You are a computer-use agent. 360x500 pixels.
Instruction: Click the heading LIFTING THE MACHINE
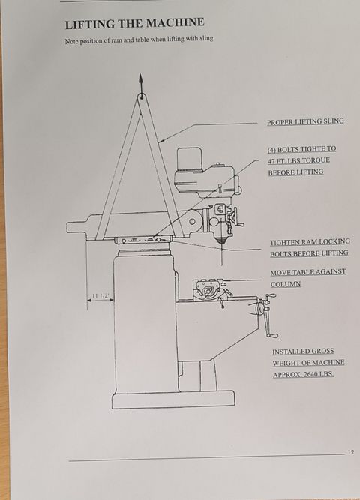point(135,23)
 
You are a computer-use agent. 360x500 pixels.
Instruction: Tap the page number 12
point(351,452)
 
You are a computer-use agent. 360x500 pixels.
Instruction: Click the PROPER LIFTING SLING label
point(305,121)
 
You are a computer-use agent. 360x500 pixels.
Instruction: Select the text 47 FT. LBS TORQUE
point(298,160)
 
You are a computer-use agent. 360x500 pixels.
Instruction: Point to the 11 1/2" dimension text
point(101,295)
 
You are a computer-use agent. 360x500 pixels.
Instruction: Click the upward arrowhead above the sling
point(141,79)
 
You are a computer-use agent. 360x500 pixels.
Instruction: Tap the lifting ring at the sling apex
point(142,96)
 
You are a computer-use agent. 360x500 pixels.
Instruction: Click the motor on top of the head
point(190,159)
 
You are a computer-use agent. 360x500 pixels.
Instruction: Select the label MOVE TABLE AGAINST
point(308,272)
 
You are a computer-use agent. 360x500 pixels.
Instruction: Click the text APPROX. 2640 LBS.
point(304,374)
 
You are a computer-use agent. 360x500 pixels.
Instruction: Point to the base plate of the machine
point(173,400)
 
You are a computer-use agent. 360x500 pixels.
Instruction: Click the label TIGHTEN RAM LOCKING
point(310,242)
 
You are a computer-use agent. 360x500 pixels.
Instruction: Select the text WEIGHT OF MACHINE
point(308,363)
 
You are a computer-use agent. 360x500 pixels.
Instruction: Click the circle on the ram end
point(192,221)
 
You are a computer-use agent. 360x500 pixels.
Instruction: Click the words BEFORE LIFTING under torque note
point(295,172)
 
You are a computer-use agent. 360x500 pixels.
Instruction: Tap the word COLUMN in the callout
point(286,284)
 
